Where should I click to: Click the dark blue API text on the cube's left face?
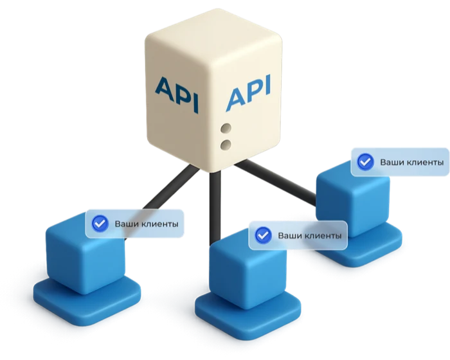[177, 94]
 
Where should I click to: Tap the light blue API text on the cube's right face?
[249, 93]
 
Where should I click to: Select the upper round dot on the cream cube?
[226, 128]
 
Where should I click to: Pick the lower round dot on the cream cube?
[226, 145]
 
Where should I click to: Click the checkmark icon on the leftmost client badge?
[100, 223]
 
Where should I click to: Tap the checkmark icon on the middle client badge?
[263, 235]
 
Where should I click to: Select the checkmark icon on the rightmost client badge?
[365, 162]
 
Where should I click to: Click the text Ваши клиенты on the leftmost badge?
[147, 224]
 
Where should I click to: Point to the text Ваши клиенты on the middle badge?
[310, 236]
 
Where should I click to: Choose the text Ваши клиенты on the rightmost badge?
[412, 163]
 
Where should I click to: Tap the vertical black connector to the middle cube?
[215, 207]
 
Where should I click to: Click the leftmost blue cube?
[85, 254]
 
